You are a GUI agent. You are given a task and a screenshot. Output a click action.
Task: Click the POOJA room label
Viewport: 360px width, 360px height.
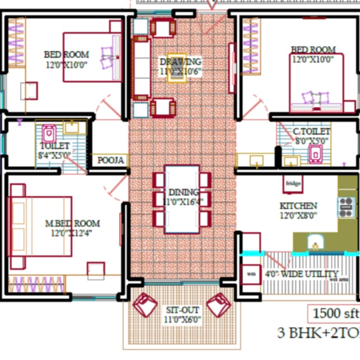coord(110,160)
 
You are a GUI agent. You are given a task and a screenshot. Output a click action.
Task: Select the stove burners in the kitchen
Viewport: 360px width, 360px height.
coord(346,207)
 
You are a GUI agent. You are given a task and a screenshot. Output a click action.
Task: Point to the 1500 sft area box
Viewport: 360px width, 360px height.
coord(333,314)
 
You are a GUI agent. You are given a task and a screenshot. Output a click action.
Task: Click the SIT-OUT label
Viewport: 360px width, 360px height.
coord(182,310)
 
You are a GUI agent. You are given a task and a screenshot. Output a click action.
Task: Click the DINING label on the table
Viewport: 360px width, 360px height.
coord(183,193)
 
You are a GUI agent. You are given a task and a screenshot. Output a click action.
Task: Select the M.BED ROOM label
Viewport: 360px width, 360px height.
coord(72,223)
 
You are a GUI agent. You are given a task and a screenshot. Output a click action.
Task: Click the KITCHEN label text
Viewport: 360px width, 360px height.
coord(298,206)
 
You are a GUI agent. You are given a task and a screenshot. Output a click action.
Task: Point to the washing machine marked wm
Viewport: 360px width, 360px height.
coord(251,274)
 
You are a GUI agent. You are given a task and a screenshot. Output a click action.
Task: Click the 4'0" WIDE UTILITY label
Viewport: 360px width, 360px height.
coord(301,274)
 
